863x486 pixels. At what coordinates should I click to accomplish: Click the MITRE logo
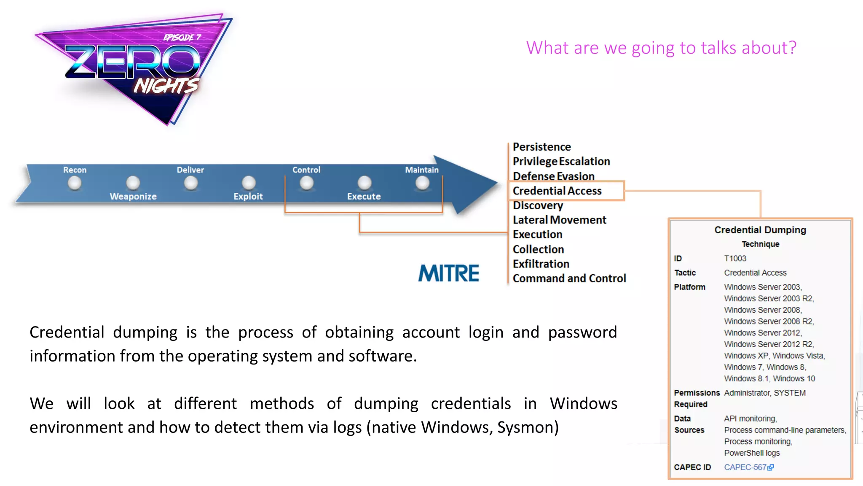[448, 273]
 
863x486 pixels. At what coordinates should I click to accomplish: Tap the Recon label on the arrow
[75, 170]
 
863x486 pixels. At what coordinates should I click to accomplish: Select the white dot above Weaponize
[133, 183]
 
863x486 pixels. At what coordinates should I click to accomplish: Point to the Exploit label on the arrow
[248, 196]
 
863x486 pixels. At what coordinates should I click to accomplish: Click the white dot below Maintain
[422, 183]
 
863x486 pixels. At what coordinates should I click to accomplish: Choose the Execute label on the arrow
[364, 196]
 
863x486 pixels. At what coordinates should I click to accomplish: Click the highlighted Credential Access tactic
[557, 191]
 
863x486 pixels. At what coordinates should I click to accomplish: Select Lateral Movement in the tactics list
[559, 220]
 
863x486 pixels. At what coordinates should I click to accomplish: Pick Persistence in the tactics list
[541, 147]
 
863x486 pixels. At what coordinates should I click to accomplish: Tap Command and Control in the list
[569, 278]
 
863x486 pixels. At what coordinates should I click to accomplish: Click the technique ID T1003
[735, 258]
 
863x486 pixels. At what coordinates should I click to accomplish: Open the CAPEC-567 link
[745, 467]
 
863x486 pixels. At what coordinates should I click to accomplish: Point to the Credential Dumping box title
[760, 230]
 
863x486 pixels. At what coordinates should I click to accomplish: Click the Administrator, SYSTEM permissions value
[764, 393]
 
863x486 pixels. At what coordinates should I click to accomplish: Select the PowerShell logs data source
[752, 453]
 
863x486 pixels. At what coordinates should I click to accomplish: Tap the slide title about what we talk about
[661, 48]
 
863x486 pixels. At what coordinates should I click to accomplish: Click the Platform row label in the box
[689, 287]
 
